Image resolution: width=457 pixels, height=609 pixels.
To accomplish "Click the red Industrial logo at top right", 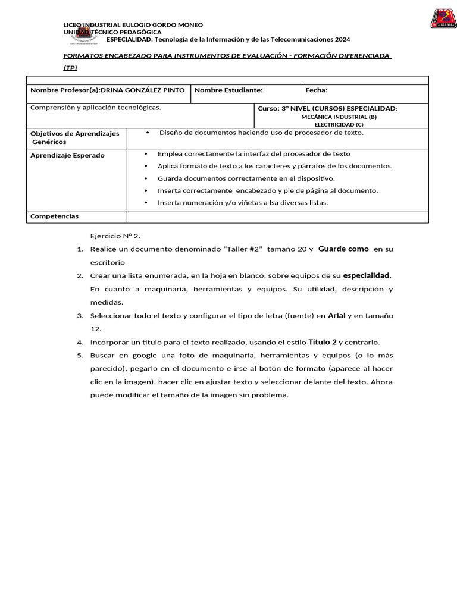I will [443, 18].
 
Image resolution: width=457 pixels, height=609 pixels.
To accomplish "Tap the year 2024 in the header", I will [342, 39].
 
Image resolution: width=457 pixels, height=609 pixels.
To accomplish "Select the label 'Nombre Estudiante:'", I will [228, 90].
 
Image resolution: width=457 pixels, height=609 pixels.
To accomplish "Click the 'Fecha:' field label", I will [317, 90].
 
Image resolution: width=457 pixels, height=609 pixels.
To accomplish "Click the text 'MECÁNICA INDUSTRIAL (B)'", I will [339, 117].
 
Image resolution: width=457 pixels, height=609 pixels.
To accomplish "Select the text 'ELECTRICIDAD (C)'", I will [339, 125].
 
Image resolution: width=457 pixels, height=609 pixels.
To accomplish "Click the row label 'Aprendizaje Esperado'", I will [67, 155].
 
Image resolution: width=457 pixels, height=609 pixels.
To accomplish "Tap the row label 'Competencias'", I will [54, 216].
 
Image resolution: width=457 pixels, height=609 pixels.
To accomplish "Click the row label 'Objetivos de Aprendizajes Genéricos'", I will [74, 138].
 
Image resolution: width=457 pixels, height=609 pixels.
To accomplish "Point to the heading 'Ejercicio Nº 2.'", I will [115, 236].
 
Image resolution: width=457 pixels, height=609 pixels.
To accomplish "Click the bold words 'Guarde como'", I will [343, 249].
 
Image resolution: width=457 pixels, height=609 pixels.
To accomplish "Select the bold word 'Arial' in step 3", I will [337, 315].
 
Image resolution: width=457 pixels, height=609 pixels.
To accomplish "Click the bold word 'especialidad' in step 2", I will [367, 275].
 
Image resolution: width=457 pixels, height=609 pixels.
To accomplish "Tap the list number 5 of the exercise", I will [80, 356].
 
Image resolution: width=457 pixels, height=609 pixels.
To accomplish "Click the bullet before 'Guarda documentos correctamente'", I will [146, 178].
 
